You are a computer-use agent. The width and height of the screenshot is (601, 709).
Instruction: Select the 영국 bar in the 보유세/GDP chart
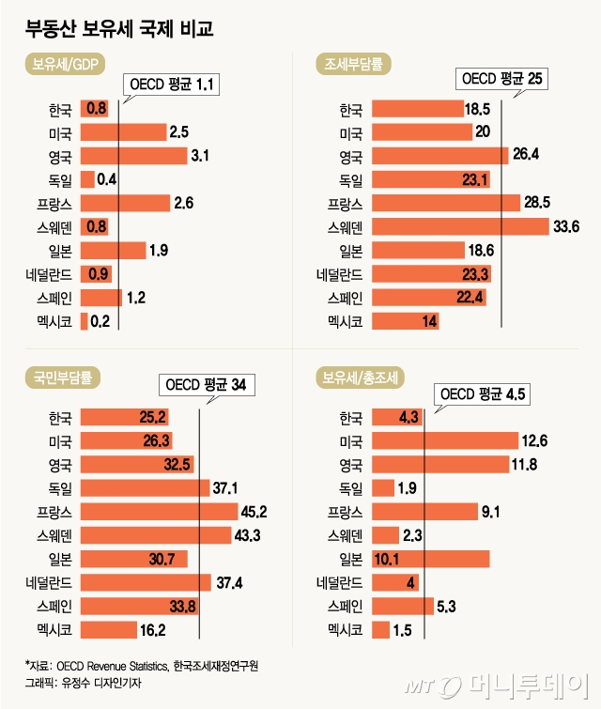pos(133,156)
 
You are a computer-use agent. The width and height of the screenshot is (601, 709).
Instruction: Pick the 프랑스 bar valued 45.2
pos(160,510)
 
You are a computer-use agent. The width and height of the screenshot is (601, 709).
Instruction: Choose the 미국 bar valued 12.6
pos(445,439)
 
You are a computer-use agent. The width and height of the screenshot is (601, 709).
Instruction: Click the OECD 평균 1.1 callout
pos(174,85)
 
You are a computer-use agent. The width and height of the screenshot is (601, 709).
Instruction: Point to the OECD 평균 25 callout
pos(501,81)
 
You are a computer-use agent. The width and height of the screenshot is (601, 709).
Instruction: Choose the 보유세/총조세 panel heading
pos(362,378)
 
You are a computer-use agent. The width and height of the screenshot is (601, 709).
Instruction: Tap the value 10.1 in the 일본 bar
pos(388,558)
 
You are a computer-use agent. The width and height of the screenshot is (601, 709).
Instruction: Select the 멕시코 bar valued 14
pos(405,321)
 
